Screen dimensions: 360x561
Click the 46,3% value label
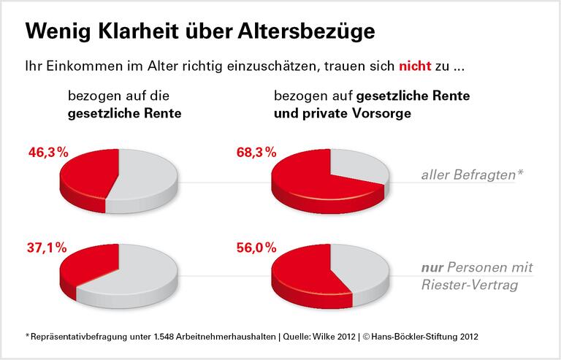tap(47, 153)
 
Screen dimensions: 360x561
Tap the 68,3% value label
tap(256, 153)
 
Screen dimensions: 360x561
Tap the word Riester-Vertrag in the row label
tap(470, 285)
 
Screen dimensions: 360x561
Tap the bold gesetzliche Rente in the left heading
tap(124, 113)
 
